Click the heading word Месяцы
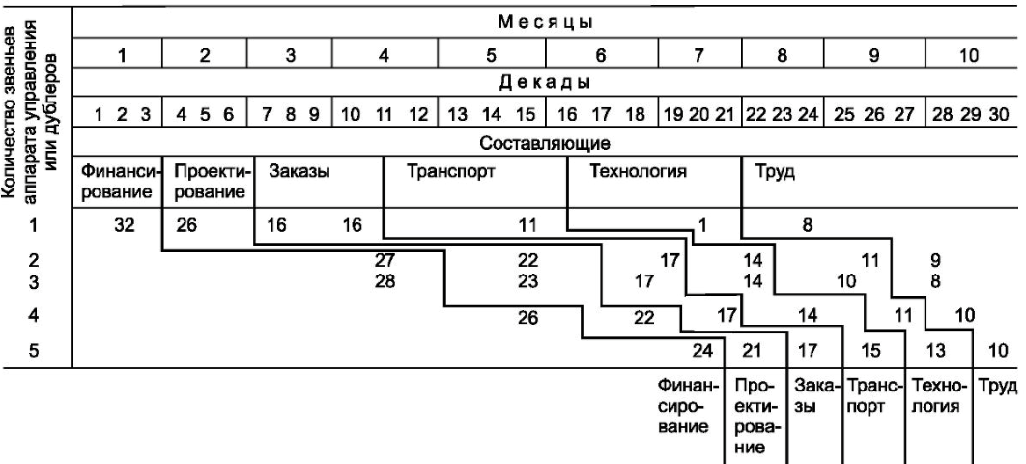pyautogui.click(x=545, y=22)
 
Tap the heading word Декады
pyautogui.click(x=546, y=83)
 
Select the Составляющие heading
pyautogui.click(x=546, y=142)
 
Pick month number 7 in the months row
pyautogui.click(x=698, y=56)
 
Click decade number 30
pyautogui.click(x=1000, y=114)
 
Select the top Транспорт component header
pyautogui.click(x=451, y=172)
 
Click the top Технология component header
pyautogui.click(x=638, y=172)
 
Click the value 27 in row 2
pyautogui.click(x=385, y=260)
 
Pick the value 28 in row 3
pyautogui.click(x=385, y=281)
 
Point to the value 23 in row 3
pyautogui.click(x=527, y=281)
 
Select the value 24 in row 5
pyautogui.click(x=702, y=352)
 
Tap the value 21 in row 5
pyautogui.click(x=752, y=352)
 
